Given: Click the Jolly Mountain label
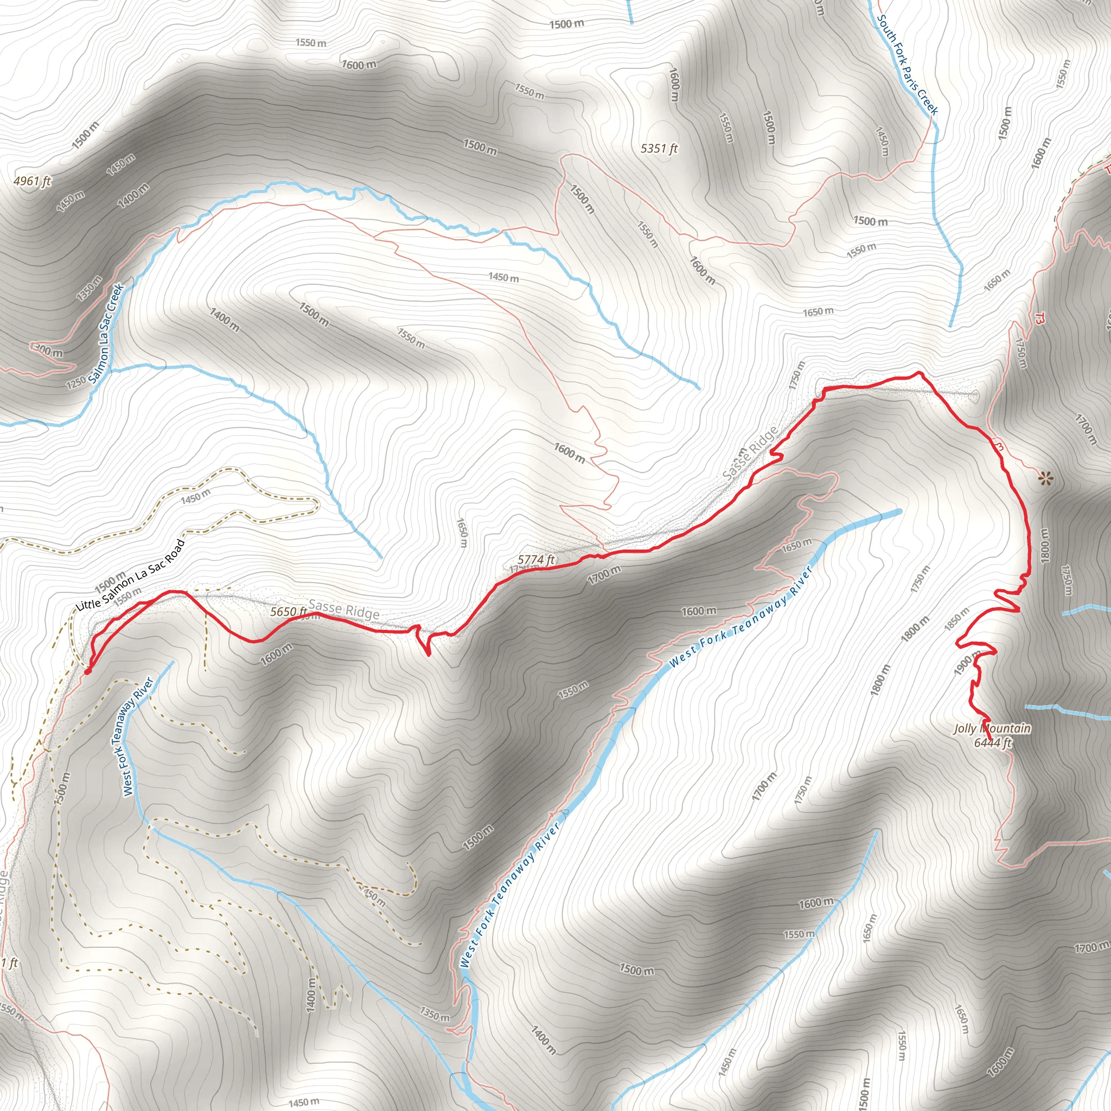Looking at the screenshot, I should coord(992,729).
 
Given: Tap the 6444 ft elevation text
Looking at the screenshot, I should coord(992,743).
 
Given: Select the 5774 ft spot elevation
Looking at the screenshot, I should coord(536,559).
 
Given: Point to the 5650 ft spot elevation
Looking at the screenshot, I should coord(289,611).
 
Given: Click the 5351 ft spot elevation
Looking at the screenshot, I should coord(659,148).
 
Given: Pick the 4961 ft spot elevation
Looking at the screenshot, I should coord(32,181).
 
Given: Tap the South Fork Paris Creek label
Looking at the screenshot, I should coord(907,65).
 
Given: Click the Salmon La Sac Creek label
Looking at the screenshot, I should coord(107,333).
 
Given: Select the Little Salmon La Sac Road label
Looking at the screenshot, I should coord(131,575).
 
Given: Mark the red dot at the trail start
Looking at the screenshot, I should coord(87,671).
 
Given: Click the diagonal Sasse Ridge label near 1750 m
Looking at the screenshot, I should coord(750,453).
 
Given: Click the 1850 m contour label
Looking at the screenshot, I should coord(956,619).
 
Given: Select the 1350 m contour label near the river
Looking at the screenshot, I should coord(434,1013).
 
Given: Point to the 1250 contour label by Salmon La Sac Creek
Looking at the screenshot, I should coord(76,382).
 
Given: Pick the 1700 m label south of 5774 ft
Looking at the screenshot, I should coord(604,574).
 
